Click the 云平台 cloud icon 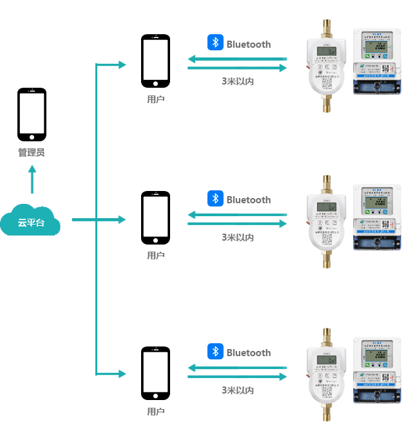click(30, 220)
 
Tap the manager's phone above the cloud click(32, 114)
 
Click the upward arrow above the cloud click(32, 179)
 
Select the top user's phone click(156, 61)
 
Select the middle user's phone click(156, 217)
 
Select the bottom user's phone click(156, 373)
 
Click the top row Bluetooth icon click(215, 43)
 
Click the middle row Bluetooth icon click(215, 199)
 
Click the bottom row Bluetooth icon click(215, 352)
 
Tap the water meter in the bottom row click(327, 376)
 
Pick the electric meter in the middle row click(377, 217)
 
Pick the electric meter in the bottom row click(377, 372)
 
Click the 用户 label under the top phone click(156, 99)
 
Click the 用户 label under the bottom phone click(156, 412)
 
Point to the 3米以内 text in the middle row click(238, 237)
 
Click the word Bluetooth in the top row click(248, 45)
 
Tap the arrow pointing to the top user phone click(114, 65)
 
